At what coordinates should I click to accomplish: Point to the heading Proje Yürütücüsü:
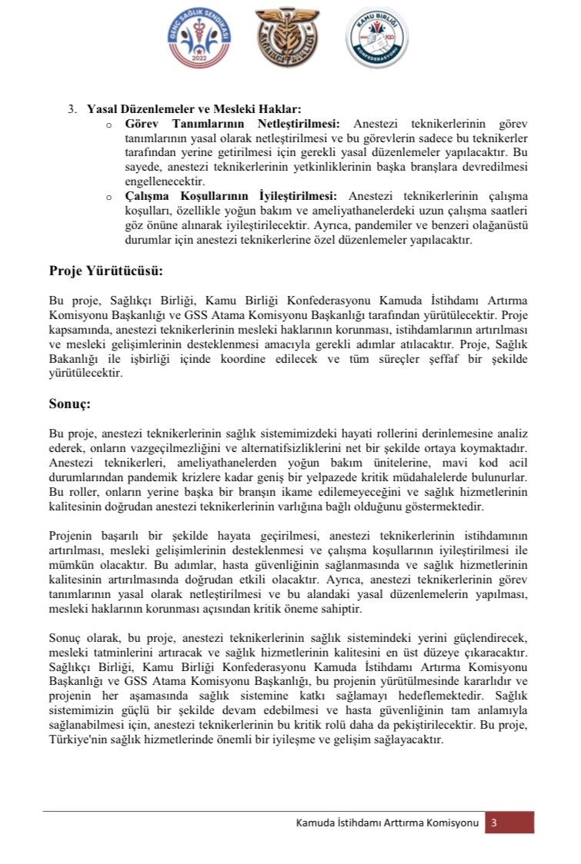(x=106, y=271)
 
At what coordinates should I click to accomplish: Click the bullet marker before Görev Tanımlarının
(x=109, y=125)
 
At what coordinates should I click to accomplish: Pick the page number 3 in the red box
(x=494, y=822)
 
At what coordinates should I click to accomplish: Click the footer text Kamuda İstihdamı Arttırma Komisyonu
(x=389, y=823)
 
